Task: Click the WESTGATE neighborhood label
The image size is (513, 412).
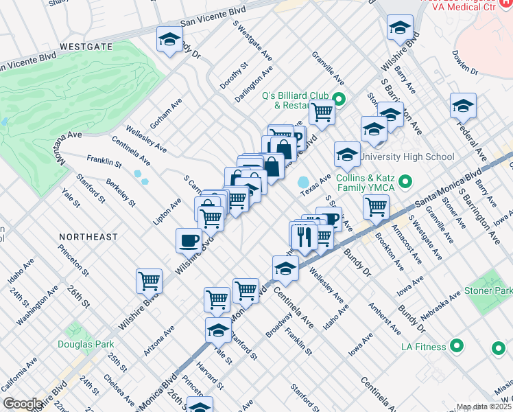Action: coord(86,47)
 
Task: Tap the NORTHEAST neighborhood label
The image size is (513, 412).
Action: coord(88,236)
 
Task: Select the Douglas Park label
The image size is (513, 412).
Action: coord(86,344)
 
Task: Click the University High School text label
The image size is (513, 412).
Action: coord(407,157)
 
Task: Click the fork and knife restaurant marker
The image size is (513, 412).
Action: coord(303,238)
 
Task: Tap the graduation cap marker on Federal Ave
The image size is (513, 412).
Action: coord(463,106)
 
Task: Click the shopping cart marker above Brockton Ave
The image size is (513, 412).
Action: coord(376,207)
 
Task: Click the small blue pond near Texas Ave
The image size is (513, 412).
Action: coord(302,183)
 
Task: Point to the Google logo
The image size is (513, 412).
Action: coord(23,404)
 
